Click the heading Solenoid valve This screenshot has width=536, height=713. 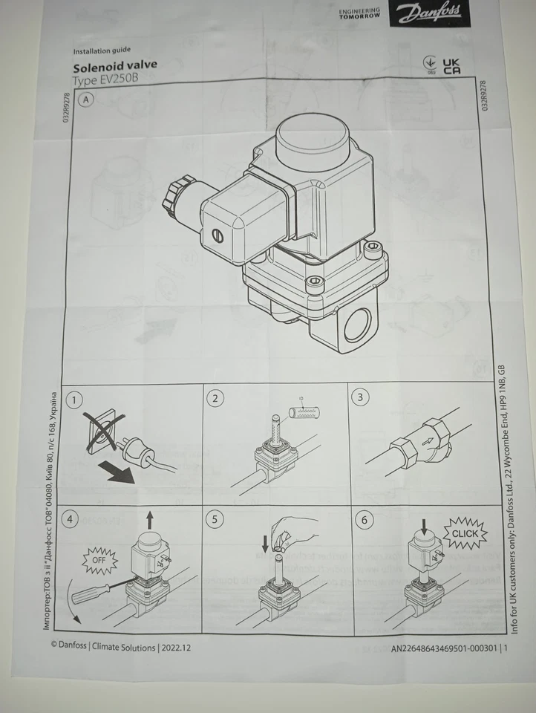114,65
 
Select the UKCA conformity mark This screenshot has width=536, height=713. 450,65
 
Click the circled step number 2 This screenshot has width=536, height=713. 215,398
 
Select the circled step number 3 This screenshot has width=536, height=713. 361,397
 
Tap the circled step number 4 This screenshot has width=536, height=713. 71,519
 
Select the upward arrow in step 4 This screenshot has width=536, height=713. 151,518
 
